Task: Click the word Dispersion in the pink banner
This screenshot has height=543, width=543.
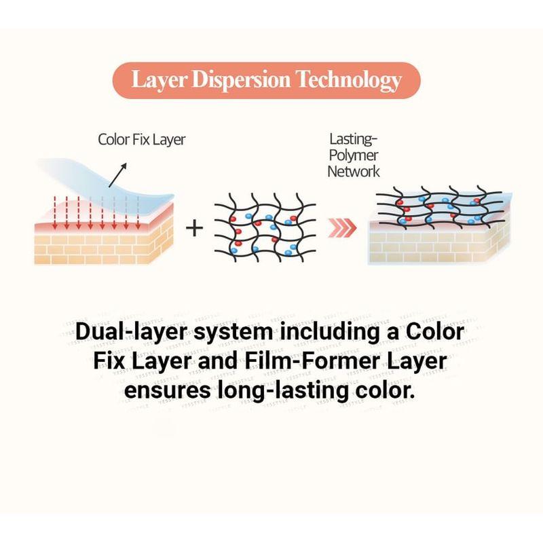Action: pos(242,79)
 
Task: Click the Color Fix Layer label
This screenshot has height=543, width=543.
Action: pos(142,140)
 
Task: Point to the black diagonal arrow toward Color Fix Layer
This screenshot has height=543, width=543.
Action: pos(117,175)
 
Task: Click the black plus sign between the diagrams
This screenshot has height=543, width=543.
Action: pos(194,229)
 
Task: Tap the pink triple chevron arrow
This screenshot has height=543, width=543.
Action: pos(342,228)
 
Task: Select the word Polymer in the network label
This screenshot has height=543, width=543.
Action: pos(353,155)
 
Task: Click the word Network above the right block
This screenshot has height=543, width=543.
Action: pos(354,172)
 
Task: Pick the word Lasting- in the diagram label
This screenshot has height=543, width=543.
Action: pos(353,139)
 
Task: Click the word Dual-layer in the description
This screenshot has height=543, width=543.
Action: pos(131,332)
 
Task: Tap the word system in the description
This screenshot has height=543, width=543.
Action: pos(233,333)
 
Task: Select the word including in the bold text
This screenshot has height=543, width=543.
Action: pos(330,332)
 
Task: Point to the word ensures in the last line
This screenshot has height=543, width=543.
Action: pos(168,390)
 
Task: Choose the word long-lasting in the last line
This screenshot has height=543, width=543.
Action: pos(283,392)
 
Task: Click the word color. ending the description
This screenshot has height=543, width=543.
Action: pos(385,390)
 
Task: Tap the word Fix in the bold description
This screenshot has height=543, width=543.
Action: pos(109,361)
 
